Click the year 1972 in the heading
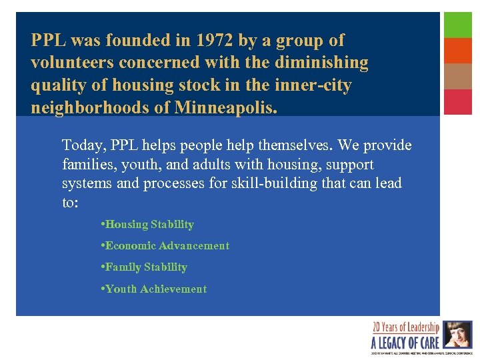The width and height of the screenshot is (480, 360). click(211, 41)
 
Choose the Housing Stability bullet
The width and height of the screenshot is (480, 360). click(149, 225)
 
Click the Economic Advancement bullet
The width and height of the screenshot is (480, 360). click(167, 246)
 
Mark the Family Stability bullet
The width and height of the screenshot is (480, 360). click(146, 267)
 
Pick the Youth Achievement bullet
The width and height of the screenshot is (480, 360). click(156, 289)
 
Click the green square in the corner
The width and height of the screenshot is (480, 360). click(458, 25)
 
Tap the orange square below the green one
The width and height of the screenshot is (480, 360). click(458, 51)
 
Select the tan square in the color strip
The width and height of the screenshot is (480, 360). click(458, 76)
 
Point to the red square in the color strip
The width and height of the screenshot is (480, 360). click(458, 102)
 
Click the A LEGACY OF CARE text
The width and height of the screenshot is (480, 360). click(405, 342)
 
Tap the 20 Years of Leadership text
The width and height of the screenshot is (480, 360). click(405, 327)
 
